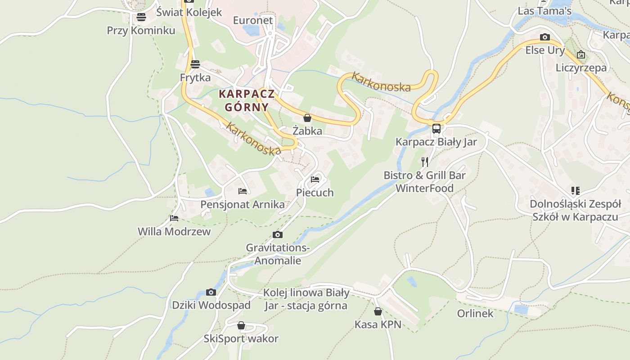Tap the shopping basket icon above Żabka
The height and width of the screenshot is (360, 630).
coord(307,118)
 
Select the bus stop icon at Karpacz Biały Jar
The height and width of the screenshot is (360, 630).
coord(436,129)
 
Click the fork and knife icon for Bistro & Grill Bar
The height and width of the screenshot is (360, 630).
coord(424,162)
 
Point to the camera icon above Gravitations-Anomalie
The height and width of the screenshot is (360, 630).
coord(278,234)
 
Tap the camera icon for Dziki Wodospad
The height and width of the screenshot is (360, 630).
coord(211,292)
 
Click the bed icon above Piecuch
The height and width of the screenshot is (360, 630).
coord(315,179)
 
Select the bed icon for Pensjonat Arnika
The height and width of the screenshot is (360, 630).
coord(243,191)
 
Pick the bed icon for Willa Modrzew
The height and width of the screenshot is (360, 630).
coord(174,218)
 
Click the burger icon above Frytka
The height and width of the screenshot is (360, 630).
coord(195,64)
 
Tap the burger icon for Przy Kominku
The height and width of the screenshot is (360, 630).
coord(141,17)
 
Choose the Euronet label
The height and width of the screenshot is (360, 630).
coord(253,20)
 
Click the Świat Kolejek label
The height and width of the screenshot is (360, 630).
coord(189,12)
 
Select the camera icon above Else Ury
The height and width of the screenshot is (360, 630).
coord(545,37)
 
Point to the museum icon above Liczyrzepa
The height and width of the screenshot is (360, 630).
coord(581,54)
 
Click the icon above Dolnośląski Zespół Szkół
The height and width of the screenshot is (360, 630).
coord(575,191)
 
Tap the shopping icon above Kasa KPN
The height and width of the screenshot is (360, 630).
coord(378,311)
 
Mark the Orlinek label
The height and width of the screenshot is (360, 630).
coord(475,313)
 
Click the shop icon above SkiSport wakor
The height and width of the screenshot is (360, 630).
coord(241,325)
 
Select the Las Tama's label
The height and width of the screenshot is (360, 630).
coord(544,11)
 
